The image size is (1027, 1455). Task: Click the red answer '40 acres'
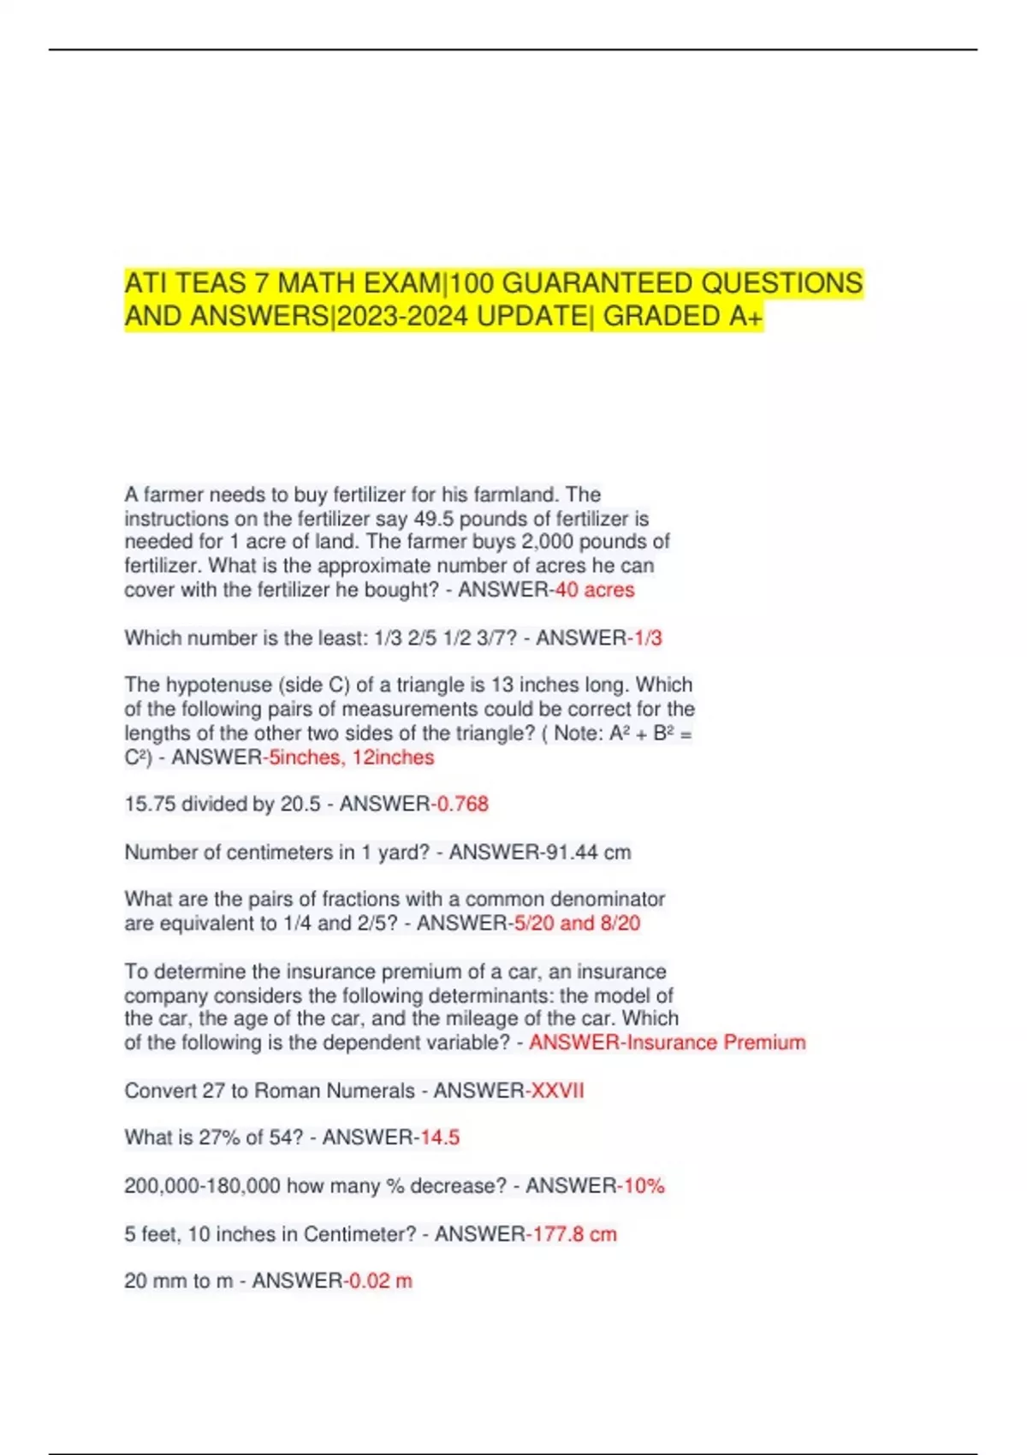[x=595, y=590]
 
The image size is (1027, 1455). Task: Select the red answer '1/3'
[x=647, y=638]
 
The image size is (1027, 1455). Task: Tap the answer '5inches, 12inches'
[x=351, y=757]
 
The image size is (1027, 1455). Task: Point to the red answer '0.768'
[x=462, y=805]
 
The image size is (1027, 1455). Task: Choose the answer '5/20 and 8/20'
[x=577, y=923]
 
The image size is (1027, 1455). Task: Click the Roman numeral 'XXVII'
[x=557, y=1090]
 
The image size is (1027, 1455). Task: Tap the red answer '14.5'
[x=440, y=1137]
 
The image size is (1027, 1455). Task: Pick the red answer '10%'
[x=644, y=1186]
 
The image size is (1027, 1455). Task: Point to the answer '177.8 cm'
[x=574, y=1234]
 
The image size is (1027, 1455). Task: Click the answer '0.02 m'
[x=381, y=1281]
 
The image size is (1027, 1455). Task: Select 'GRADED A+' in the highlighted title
[x=682, y=317]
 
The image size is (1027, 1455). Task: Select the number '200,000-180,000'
[x=202, y=1186]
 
